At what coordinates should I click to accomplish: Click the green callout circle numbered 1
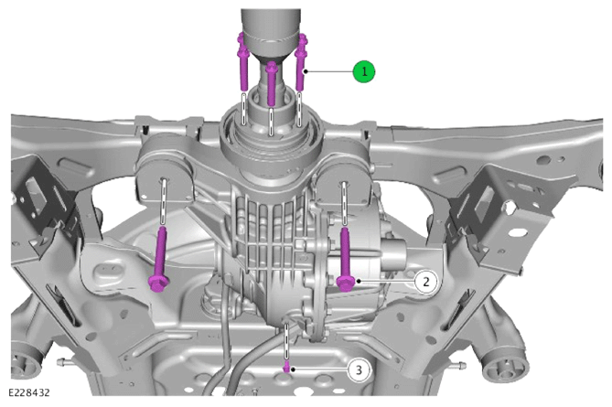click(x=364, y=71)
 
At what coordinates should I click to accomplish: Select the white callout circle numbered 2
click(x=425, y=282)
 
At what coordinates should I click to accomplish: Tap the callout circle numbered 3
click(x=359, y=370)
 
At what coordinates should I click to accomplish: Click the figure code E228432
click(x=29, y=392)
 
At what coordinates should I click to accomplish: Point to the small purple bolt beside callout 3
click(x=287, y=367)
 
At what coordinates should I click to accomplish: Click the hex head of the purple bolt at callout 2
click(x=346, y=283)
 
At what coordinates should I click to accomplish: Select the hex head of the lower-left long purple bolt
click(x=159, y=284)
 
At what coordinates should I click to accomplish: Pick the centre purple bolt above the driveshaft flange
click(x=272, y=83)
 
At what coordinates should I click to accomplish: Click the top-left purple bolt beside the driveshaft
click(x=242, y=62)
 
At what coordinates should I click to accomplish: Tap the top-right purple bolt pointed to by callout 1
click(x=301, y=62)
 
